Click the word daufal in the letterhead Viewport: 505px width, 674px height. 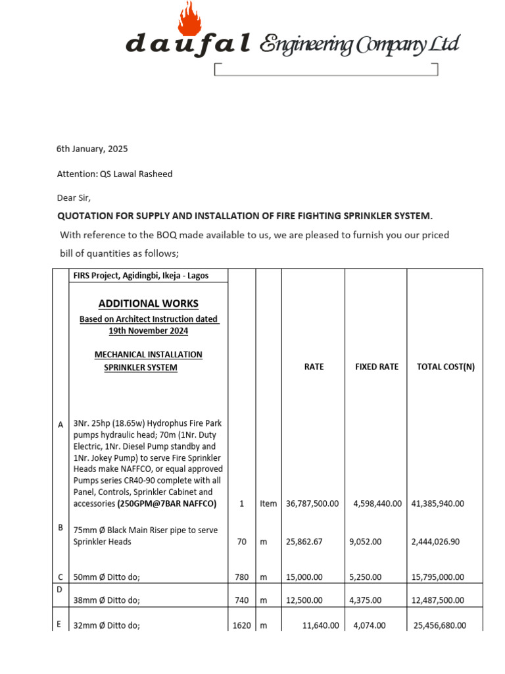[x=188, y=44]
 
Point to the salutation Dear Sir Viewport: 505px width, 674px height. [x=74, y=197]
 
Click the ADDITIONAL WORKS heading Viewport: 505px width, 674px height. [x=148, y=303]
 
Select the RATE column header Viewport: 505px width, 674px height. [x=314, y=367]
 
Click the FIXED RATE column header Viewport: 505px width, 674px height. [x=377, y=367]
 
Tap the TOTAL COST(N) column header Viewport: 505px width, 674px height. [x=445, y=367]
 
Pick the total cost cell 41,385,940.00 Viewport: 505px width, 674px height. [x=438, y=504]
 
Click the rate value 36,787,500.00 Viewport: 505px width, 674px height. [x=312, y=504]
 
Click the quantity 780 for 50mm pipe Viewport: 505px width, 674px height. [x=241, y=577]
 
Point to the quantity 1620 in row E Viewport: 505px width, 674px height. [x=241, y=625]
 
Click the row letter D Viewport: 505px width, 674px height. [x=59, y=589]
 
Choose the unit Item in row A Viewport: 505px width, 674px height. [x=268, y=504]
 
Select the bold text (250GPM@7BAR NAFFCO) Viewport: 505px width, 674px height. [x=167, y=504]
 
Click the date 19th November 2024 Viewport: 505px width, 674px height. [x=148, y=331]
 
